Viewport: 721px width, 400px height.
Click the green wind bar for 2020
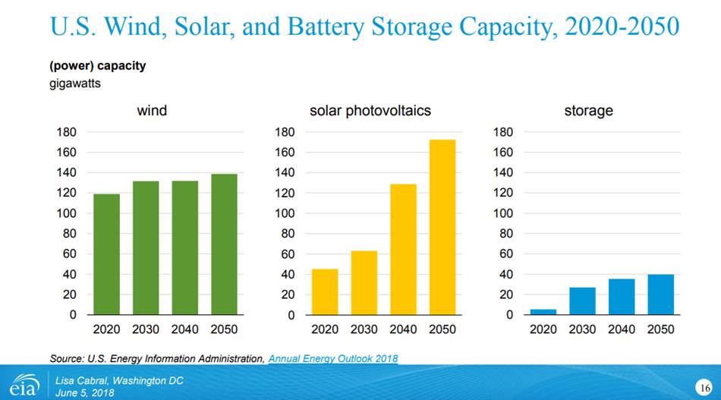[x=106, y=254]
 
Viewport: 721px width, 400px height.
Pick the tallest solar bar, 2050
[x=442, y=227]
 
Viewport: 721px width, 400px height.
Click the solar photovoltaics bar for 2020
[x=325, y=291]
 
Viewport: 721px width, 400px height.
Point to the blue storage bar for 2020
[x=543, y=311]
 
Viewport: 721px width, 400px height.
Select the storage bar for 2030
[x=582, y=301]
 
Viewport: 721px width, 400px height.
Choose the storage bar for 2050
[x=660, y=294]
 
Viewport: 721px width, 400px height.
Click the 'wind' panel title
[x=152, y=111]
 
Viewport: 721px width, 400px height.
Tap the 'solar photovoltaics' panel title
[x=370, y=111]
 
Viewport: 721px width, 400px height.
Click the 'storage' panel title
[x=588, y=111]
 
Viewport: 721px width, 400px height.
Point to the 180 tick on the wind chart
[x=66, y=132]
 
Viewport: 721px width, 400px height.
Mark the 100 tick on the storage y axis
[x=504, y=213]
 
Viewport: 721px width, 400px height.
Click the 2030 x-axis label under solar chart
[x=364, y=329]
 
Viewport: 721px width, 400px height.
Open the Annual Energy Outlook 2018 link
[x=333, y=358]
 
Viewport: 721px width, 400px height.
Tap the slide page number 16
[x=703, y=388]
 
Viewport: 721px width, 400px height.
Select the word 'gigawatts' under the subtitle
[x=75, y=83]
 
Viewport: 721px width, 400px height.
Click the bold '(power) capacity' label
[x=97, y=66]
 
